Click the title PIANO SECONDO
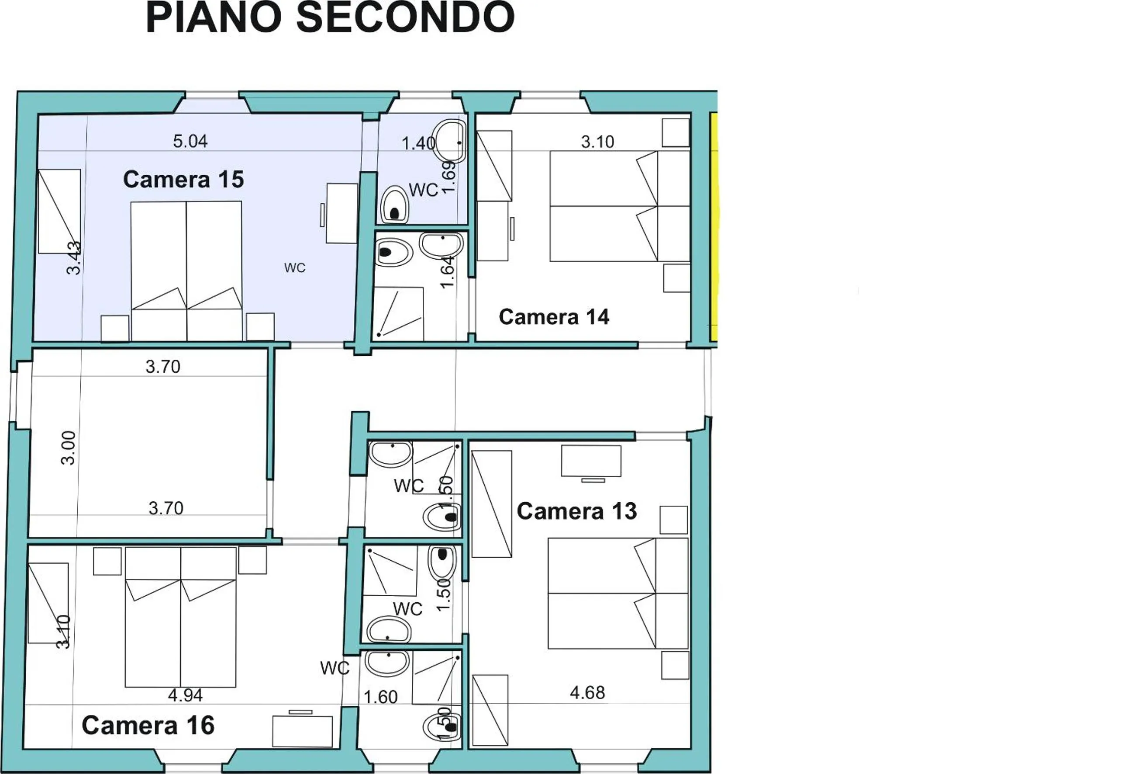click(330, 18)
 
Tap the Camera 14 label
click(554, 317)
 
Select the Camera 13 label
click(576, 511)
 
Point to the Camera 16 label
click(148, 725)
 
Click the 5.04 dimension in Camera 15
click(190, 142)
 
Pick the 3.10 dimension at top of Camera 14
click(597, 142)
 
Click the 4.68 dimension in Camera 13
click(587, 693)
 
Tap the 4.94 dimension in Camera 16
click(185, 696)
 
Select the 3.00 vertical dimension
click(69, 448)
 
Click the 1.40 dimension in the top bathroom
click(418, 143)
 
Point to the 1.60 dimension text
click(380, 697)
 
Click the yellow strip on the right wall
click(714, 227)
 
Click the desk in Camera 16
click(302, 732)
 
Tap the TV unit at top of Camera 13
click(591, 461)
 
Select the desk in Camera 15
click(341, 213)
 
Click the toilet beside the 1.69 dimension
click(395, 204)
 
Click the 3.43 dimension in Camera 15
click(73, 258)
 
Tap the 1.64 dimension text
click(446, 272)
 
